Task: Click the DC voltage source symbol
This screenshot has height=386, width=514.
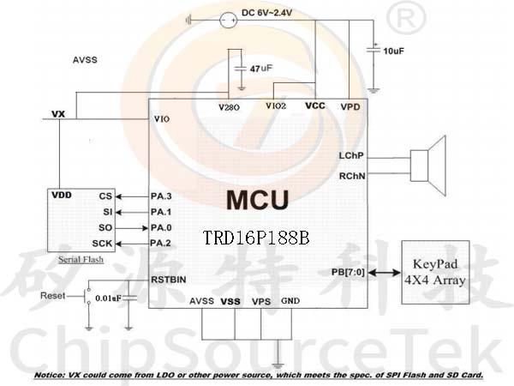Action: coord(228,21)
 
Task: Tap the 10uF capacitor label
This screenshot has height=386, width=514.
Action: coord(394,51)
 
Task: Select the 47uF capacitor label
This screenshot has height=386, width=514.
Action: coord(261,69)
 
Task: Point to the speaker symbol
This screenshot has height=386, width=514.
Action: coord(428,166)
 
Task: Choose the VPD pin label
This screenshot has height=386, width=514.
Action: coord(350,107)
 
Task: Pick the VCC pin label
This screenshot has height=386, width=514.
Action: coord(315,106)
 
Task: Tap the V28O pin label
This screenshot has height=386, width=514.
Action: coord(229,107)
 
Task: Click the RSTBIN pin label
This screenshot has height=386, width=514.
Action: coord(169,280)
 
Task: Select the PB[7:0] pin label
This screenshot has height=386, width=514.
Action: coord(348,273)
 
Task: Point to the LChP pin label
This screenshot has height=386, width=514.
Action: coord(351,155)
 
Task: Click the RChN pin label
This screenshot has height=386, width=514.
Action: coord(352,176)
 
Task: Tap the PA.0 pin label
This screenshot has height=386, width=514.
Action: coord(161,227)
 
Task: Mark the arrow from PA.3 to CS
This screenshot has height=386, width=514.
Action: coord(133,196)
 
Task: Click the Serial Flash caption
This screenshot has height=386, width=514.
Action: coord(81,260)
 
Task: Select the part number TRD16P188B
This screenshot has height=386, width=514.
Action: coord(256,238)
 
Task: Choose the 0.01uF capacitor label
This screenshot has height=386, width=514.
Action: coord(108,299)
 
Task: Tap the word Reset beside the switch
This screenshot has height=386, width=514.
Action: coord(53,295)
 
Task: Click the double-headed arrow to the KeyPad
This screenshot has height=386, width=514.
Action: coord(384,273)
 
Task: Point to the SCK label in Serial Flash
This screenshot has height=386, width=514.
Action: coord(102,244)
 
